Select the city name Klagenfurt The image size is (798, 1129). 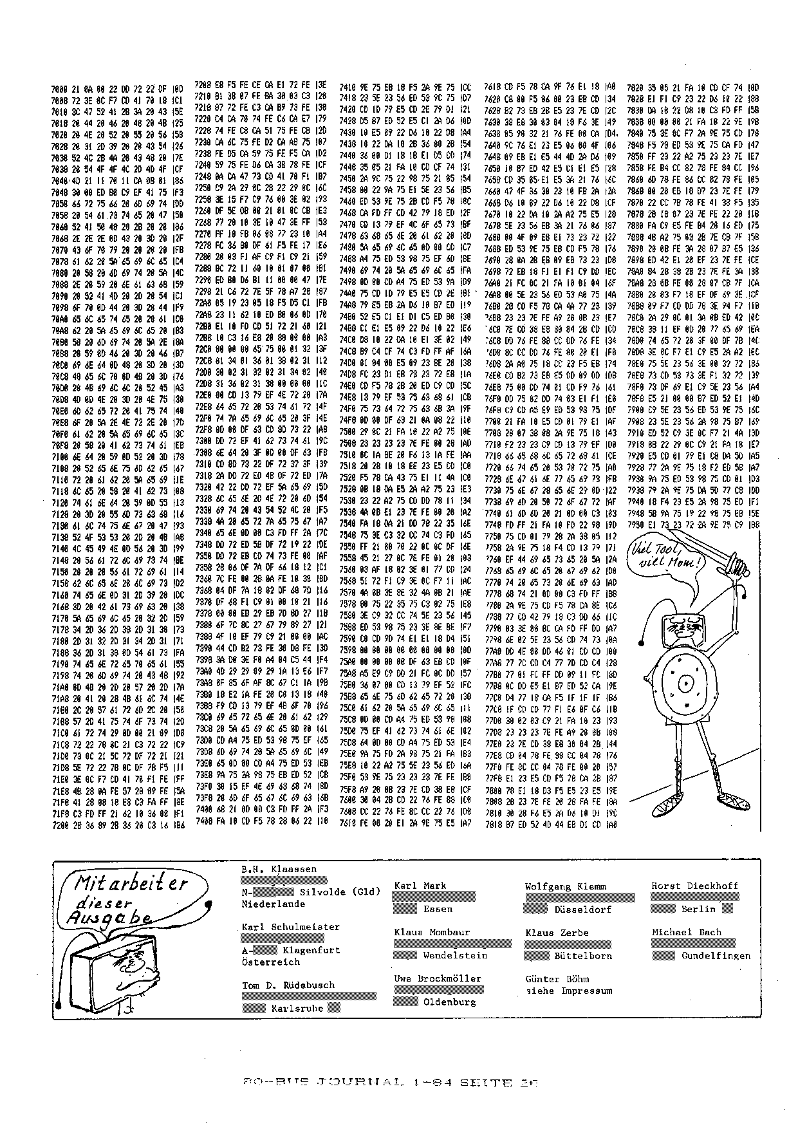[x=311, y=949]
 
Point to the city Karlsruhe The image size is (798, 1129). [x=297, y=1008]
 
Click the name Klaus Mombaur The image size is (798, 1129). [x=432, y=931]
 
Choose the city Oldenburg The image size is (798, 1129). [x=449, y=1002]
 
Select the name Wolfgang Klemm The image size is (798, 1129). [x=565, y=886]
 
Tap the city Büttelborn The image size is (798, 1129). [x=583, y=956]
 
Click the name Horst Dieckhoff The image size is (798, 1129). [x=694, y=886]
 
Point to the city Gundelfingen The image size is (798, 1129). [x=716, y=956]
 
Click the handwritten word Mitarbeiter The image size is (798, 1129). [x=132, y=883]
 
